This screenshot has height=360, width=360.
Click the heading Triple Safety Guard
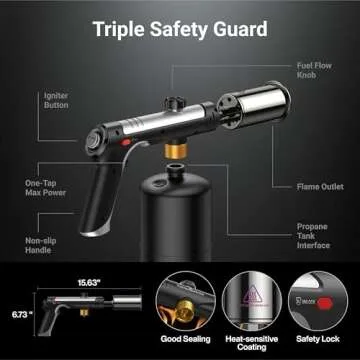(180, 27)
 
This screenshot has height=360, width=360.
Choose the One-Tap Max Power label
(47, 188)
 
